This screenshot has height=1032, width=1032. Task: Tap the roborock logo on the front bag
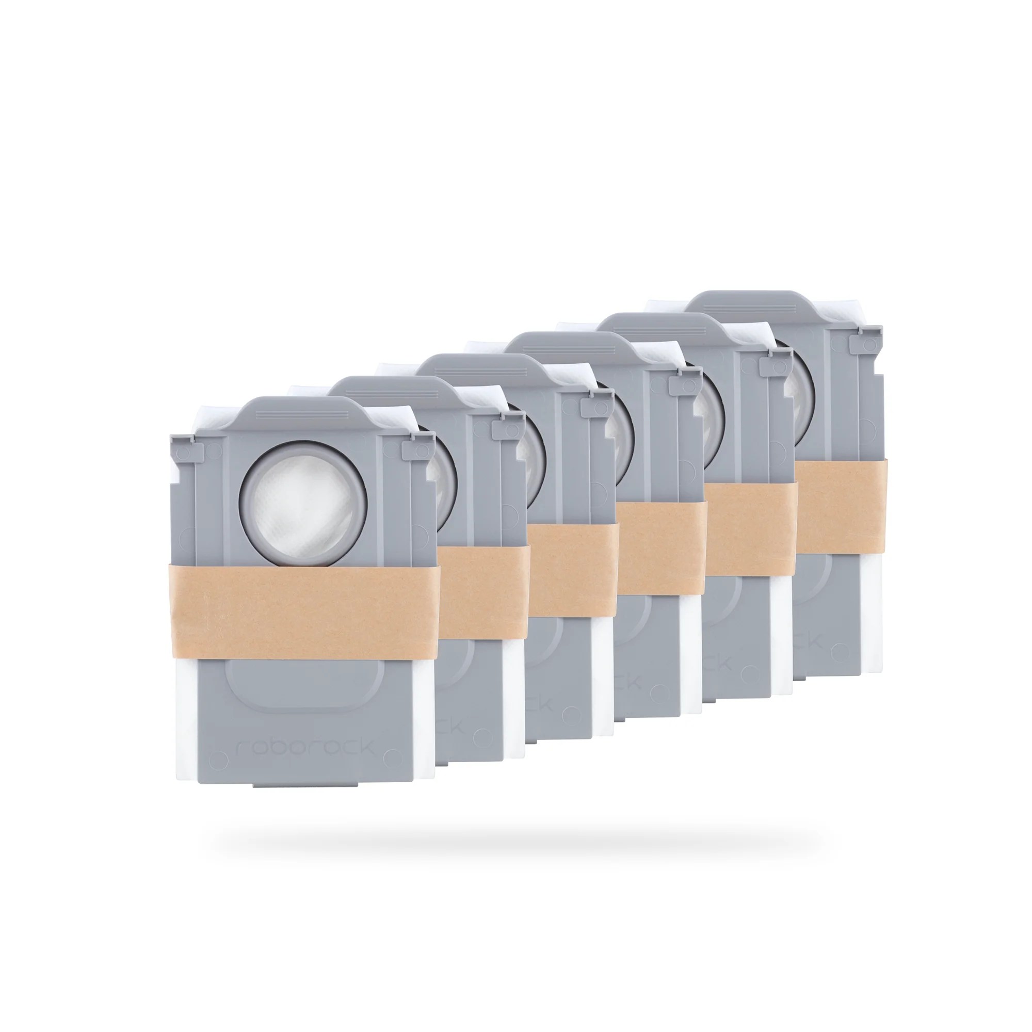coord(305,747)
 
